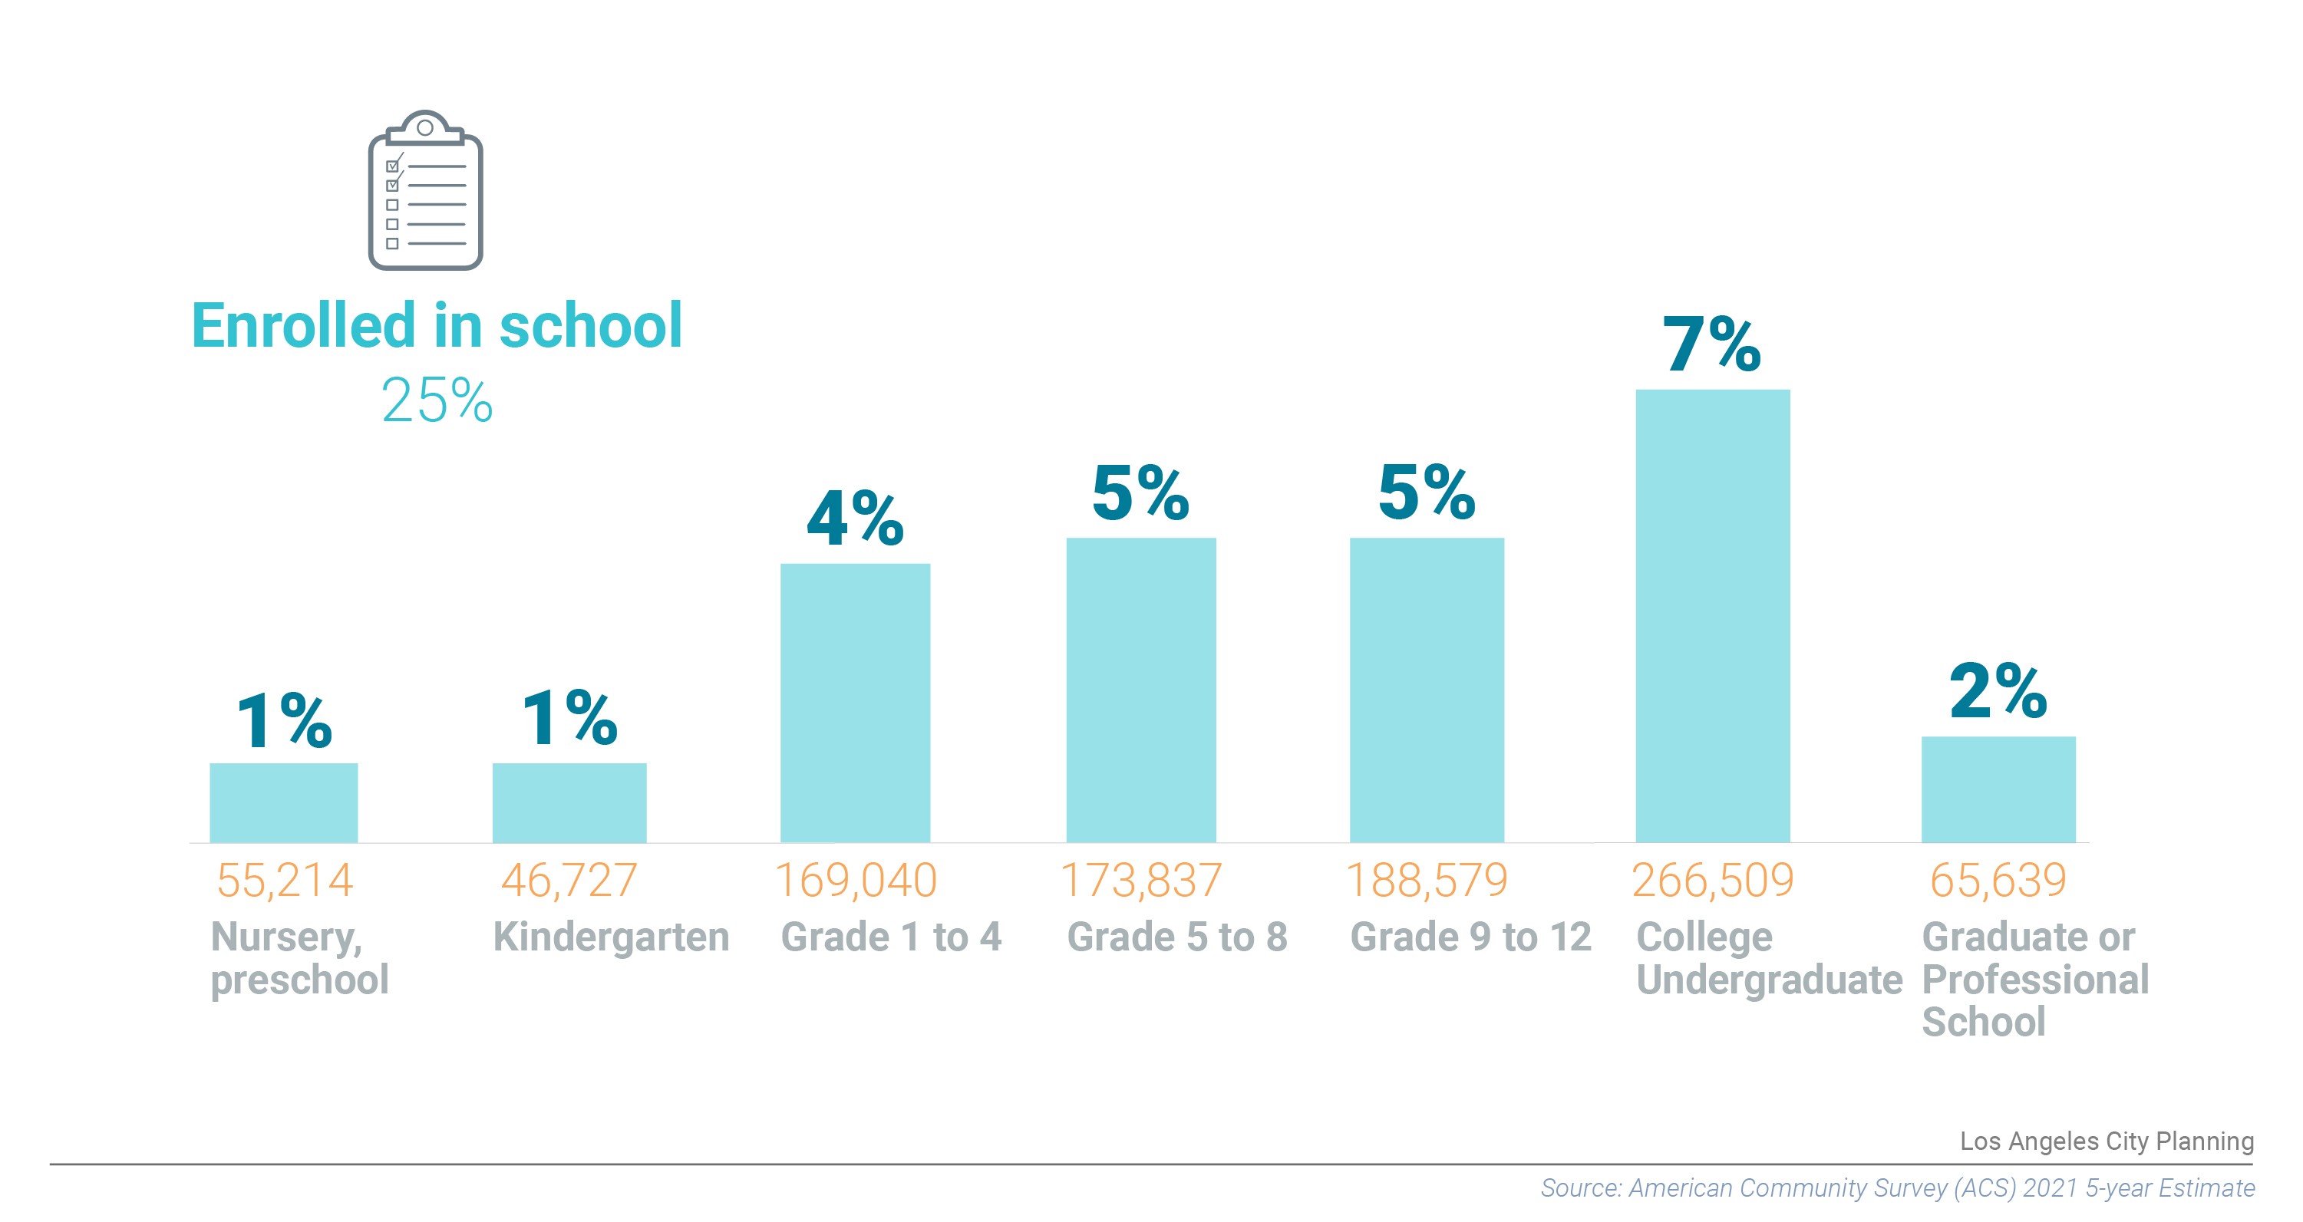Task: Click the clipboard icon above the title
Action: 426,190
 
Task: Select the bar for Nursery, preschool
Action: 283,802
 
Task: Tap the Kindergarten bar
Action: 569,802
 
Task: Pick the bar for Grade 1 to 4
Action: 855,703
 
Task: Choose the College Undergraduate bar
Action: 1712,615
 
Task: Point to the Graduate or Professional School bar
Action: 1998,789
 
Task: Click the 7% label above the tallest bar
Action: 1711,344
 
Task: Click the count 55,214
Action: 284,881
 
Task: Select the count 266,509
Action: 1712,881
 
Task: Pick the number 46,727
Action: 569,881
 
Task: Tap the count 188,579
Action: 1426,881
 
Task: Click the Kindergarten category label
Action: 612,937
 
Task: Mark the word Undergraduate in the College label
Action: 1770,980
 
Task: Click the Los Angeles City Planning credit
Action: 2107,1141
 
